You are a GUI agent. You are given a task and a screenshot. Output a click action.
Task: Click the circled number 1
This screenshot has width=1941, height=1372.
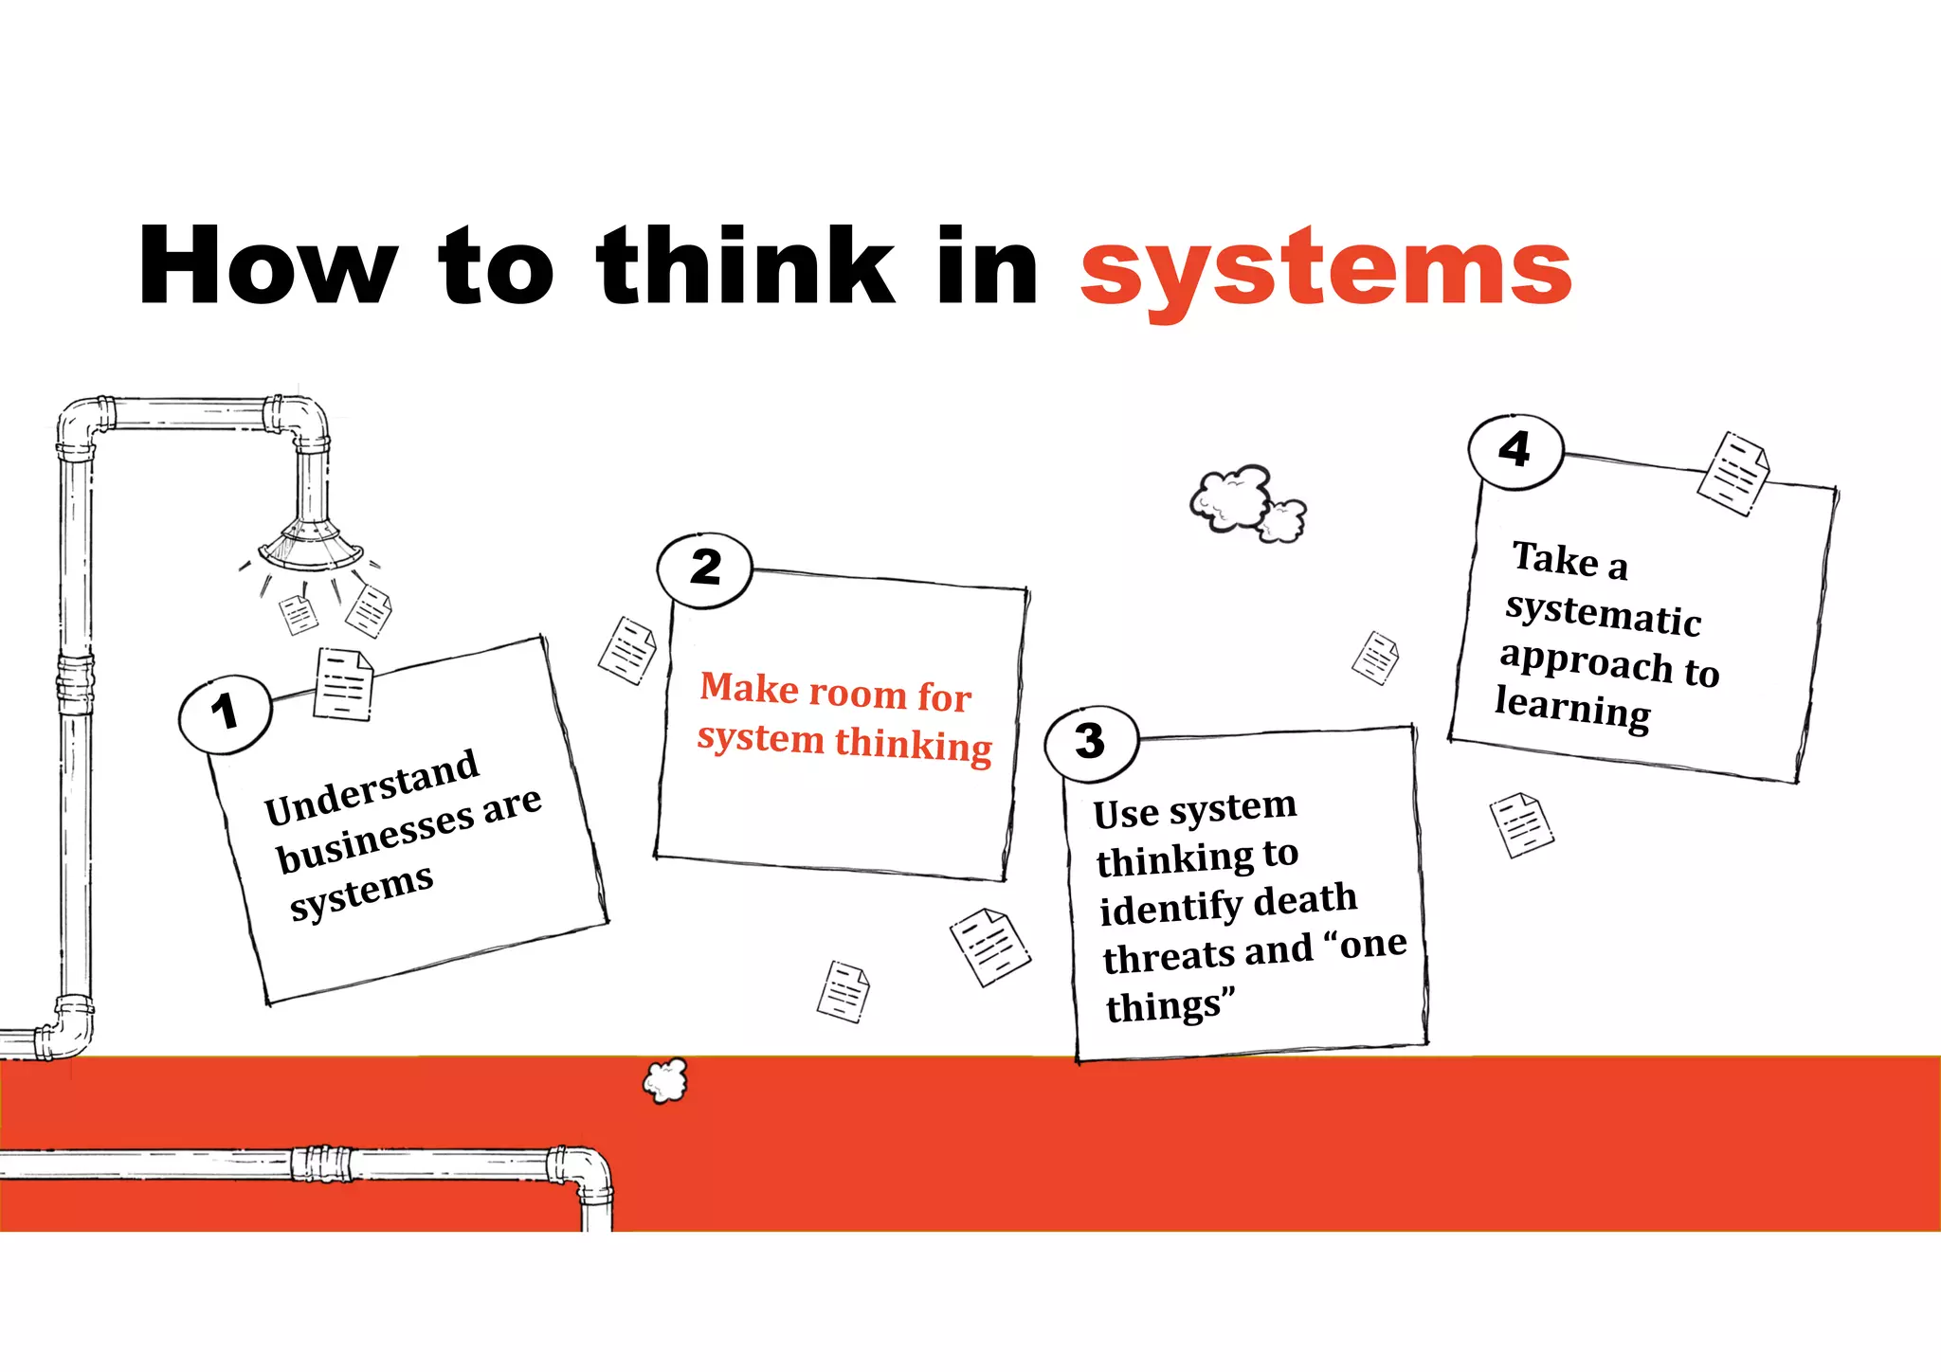[x=225, y=713]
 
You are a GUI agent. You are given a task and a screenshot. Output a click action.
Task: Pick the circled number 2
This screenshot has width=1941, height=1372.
[x=705, y=569]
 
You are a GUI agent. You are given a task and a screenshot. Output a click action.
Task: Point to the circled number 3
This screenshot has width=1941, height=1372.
[x=1091, y=742]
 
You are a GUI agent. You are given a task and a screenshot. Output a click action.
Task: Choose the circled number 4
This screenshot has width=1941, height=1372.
[x=1515, y=450]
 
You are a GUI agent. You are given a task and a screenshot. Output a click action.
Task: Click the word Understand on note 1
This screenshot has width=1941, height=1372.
[x=372, y=786]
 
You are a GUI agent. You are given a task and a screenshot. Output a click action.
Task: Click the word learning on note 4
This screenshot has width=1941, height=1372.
[x=1573, y=709]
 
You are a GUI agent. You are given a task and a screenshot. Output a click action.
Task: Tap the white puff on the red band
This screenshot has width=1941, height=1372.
[x=665, y=1080]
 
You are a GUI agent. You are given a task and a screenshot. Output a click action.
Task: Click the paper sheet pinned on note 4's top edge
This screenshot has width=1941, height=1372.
[x=1732, y=474]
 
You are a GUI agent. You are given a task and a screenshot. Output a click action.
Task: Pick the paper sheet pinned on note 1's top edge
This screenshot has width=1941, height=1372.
[x=343, y=684]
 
